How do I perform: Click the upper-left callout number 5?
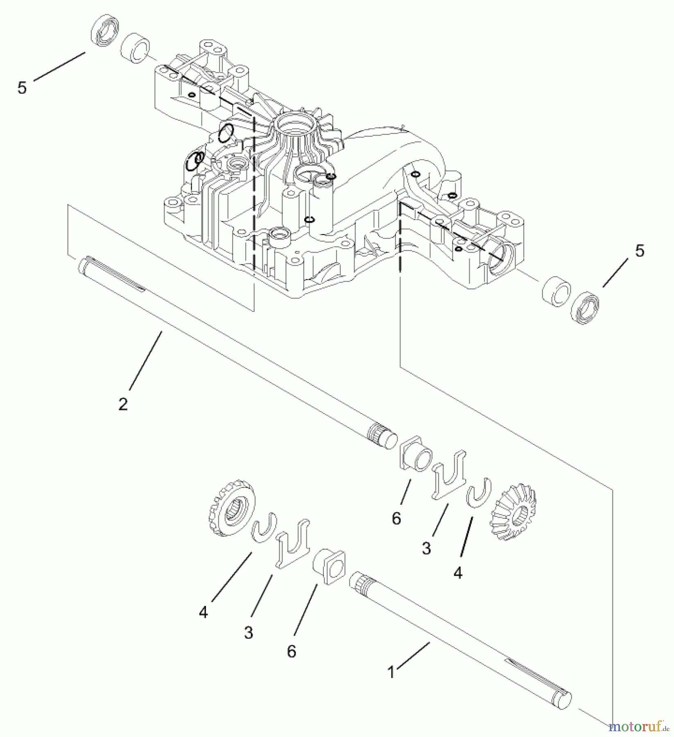tap(22, 88)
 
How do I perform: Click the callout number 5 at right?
tap(640, 251)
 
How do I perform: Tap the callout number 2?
tap(123, 404)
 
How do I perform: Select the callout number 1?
tap(391, 672)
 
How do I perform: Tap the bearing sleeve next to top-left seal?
tap(136, 48)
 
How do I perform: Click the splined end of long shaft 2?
tap(378, 434)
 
